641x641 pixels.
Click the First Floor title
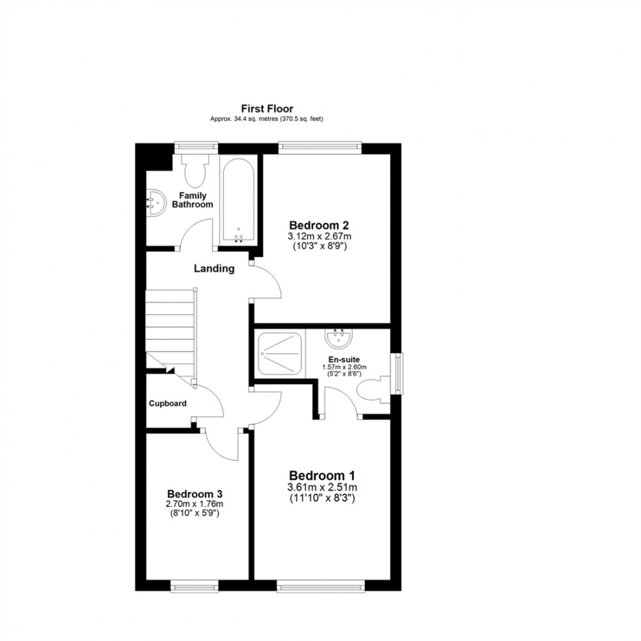pos(267,109)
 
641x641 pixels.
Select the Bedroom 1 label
pos(322,476)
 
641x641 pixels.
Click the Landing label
pos(214,268)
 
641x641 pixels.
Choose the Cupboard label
pos(167,404)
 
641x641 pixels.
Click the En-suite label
pos(344,359)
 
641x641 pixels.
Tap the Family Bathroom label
pos(192,200)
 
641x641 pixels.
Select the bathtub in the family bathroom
pos(239,199)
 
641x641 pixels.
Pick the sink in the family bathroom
pos(153,202)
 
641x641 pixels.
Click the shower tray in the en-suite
pos(281,354)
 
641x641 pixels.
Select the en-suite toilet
pos(374,390)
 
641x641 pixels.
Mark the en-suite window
pos(396,374)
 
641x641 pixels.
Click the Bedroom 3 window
pos(194,587)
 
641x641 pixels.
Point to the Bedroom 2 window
pos(320,147)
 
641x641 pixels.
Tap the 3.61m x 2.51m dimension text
pos(322,488)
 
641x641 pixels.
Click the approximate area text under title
pos(267,119)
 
